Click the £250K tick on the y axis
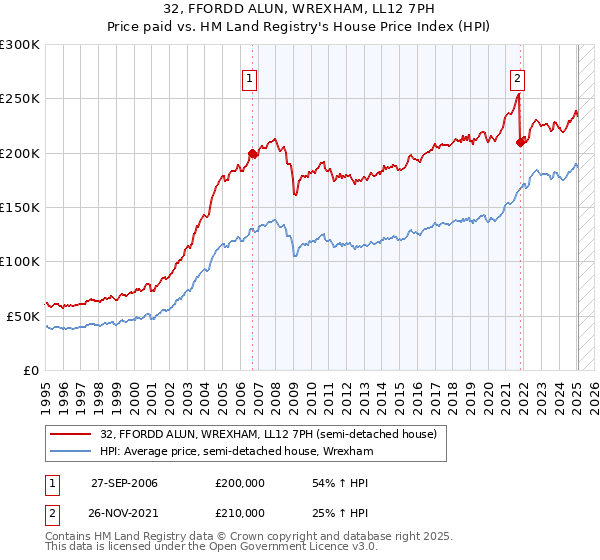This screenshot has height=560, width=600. pos(19,99)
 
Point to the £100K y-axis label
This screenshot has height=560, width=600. pos(19,261)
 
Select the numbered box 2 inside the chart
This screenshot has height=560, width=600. pos(517,81)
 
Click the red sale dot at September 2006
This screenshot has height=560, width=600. pos(252,154)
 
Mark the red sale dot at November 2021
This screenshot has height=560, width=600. pos(521,143)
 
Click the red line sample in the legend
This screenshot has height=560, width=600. pos(71,435)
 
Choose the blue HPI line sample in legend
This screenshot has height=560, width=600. pos(71,452)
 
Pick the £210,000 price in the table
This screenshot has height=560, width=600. pos(240,513)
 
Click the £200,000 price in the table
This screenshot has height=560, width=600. pos(240,483)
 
